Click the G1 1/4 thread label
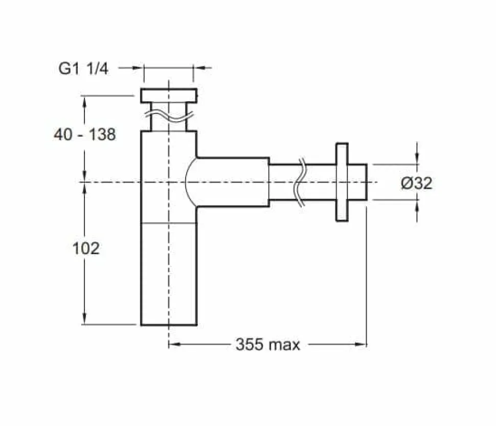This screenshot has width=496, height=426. pyautogui.click(x=83, y=69)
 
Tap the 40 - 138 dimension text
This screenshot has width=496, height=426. pyautogui.click(x=85, y=134)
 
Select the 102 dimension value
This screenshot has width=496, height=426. pyautogui.click(x=86, y=248)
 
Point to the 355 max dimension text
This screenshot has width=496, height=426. pyautogui.click(x=267, y=344)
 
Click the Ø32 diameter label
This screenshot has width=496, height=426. pyautogui.click(x=417, y=183)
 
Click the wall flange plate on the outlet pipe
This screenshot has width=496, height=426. pyautogui.click(x=342, y=182)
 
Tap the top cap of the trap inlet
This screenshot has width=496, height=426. pyautogui.click(x=169, y=96)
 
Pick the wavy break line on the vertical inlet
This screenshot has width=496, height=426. pyautogui.click(x=169, y=117)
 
